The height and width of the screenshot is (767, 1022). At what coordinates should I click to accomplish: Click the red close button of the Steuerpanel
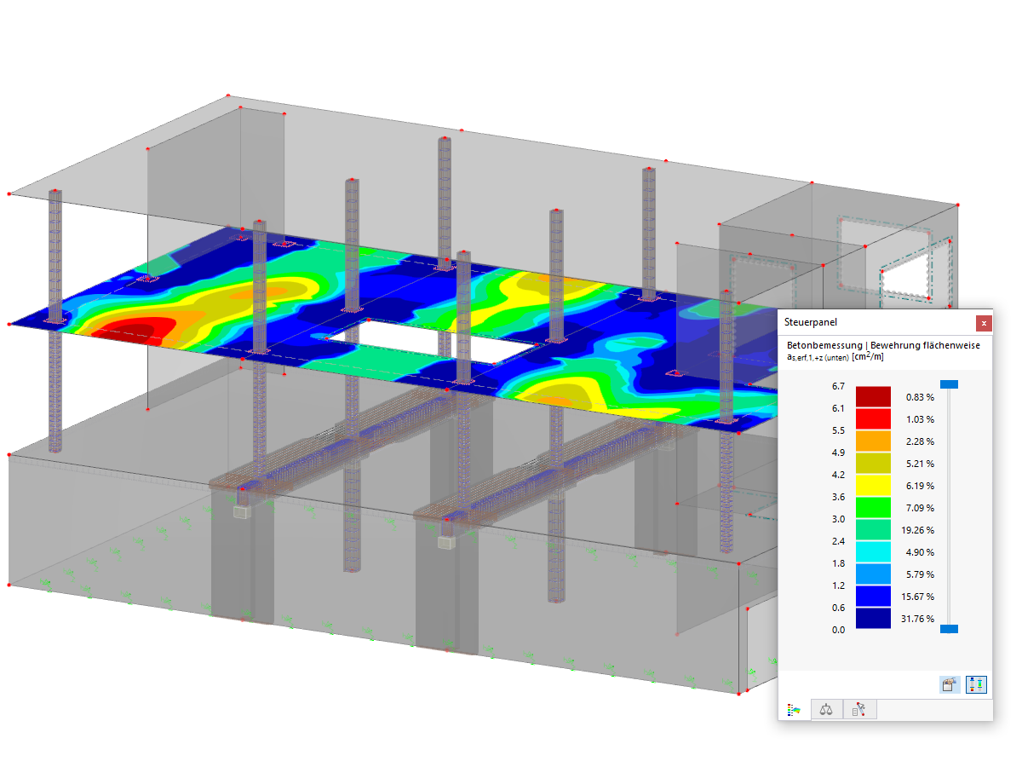pos(984,323)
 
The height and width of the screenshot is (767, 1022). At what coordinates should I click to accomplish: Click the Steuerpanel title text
pos(810,322)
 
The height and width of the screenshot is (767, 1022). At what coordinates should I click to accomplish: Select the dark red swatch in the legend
pos(873,397)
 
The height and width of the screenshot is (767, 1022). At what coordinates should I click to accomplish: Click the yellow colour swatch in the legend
pos(873,485)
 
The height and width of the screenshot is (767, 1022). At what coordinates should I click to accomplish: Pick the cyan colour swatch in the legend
pos(873,552)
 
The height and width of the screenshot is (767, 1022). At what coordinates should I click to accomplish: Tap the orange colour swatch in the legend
pos(873,441)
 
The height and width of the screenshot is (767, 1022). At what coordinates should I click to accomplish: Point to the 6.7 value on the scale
pos(838,386)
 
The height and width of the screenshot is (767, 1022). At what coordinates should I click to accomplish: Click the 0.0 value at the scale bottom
pos(838,630)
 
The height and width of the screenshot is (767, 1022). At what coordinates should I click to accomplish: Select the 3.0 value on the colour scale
pos(838,519)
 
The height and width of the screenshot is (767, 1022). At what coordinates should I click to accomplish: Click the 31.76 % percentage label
pos(917,619)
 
